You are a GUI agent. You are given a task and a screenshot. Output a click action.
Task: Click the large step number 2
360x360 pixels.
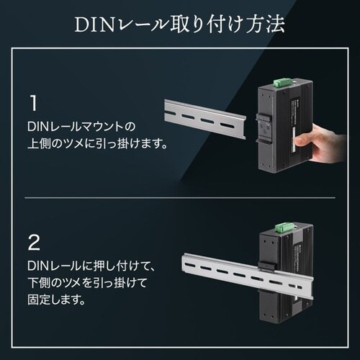coord(32,240)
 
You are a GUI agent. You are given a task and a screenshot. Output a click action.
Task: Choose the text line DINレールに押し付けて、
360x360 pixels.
coord(85,265)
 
